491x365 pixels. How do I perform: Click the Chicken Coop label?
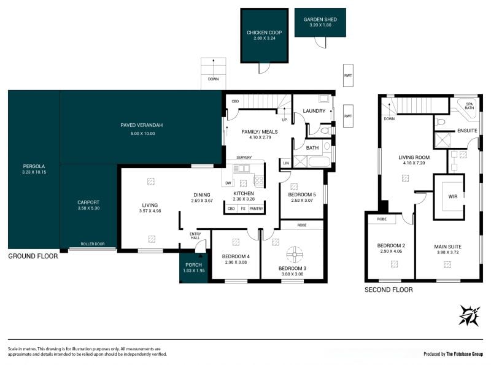pyautogui.click(x=264, y=33)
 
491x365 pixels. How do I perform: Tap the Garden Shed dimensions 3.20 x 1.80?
pyautogui.click(x=320, y=25)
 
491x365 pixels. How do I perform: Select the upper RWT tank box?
pyautogui.click(x=348, y=75)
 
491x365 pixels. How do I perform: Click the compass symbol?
pyautogui.click(x=469, y=315)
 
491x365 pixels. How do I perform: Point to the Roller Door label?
pyautogui.click(x=93, y=244)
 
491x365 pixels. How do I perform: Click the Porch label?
pyautogui.click(x=193, y=265)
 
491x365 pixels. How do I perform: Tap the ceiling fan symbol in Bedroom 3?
pyautogui.click(x=295, y=255)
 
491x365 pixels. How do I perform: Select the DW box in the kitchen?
pyautogui.click(x=228, y=183)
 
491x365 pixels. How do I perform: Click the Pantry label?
pyautogui.click(x=256, y=209)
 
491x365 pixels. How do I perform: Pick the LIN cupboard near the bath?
pyautogui.click(x=285, y=163)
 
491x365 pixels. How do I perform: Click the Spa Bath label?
pyautogui.click(x=469, y=106)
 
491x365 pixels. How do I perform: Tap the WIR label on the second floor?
pyautogui.click(x=453, y=196)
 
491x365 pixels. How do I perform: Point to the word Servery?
pyautogui.click(x=244, y=157)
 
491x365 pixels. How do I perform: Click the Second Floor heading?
pyautogui.click(x=389, y=290)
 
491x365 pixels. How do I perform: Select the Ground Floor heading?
pyautogui.click(x=33, y=256)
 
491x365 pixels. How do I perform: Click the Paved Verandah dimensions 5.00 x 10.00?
pyautogui.click(x=143, y=133)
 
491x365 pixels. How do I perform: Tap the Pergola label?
pyautogui.click(x=34, y=166)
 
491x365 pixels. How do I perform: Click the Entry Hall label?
pyautogui.click(x=195, y=236)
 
